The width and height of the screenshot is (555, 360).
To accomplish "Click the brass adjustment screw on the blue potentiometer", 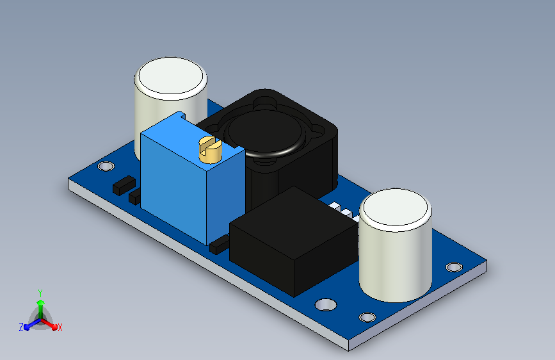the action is (210, 149).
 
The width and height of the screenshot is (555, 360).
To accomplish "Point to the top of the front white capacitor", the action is (396, 209).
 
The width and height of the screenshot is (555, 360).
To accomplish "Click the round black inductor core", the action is (265, 131).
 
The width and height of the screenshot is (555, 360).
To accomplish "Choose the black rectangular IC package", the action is (294, 241).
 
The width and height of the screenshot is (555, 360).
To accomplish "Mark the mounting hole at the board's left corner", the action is (106, 166).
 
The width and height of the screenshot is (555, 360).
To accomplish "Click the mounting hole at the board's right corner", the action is (454, 267).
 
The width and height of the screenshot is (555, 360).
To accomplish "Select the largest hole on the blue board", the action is (326, 304).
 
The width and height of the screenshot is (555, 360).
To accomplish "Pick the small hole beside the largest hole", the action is (367, 317).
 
